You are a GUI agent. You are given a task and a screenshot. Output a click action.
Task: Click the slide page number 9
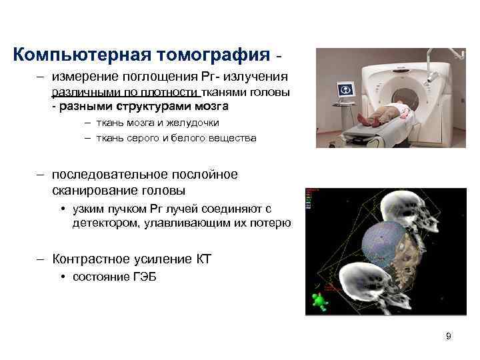448,336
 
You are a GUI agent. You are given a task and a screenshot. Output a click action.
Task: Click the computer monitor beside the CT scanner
345,90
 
